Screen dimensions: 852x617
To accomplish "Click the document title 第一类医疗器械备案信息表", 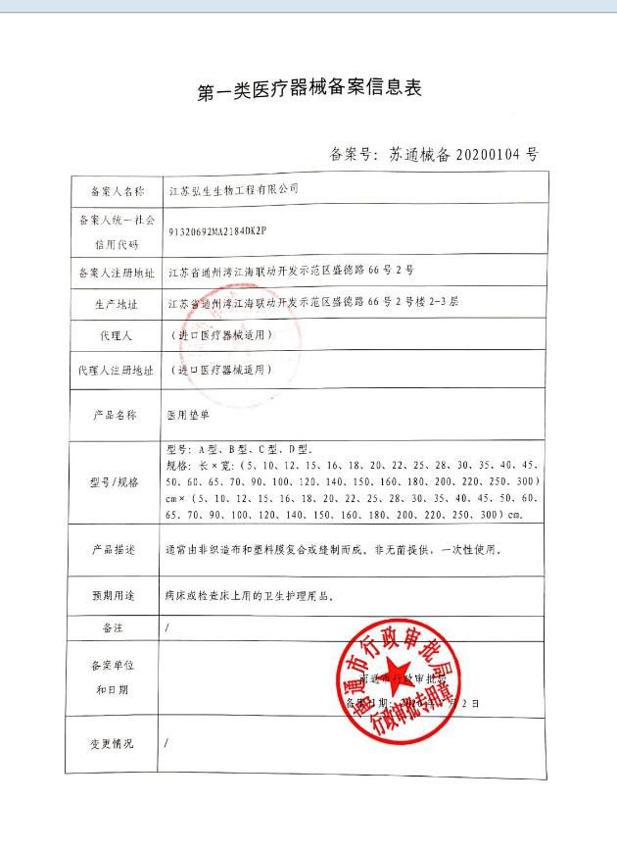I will [x=308, y=90].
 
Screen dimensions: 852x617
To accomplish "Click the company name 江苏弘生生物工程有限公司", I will [x=233, y=188].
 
